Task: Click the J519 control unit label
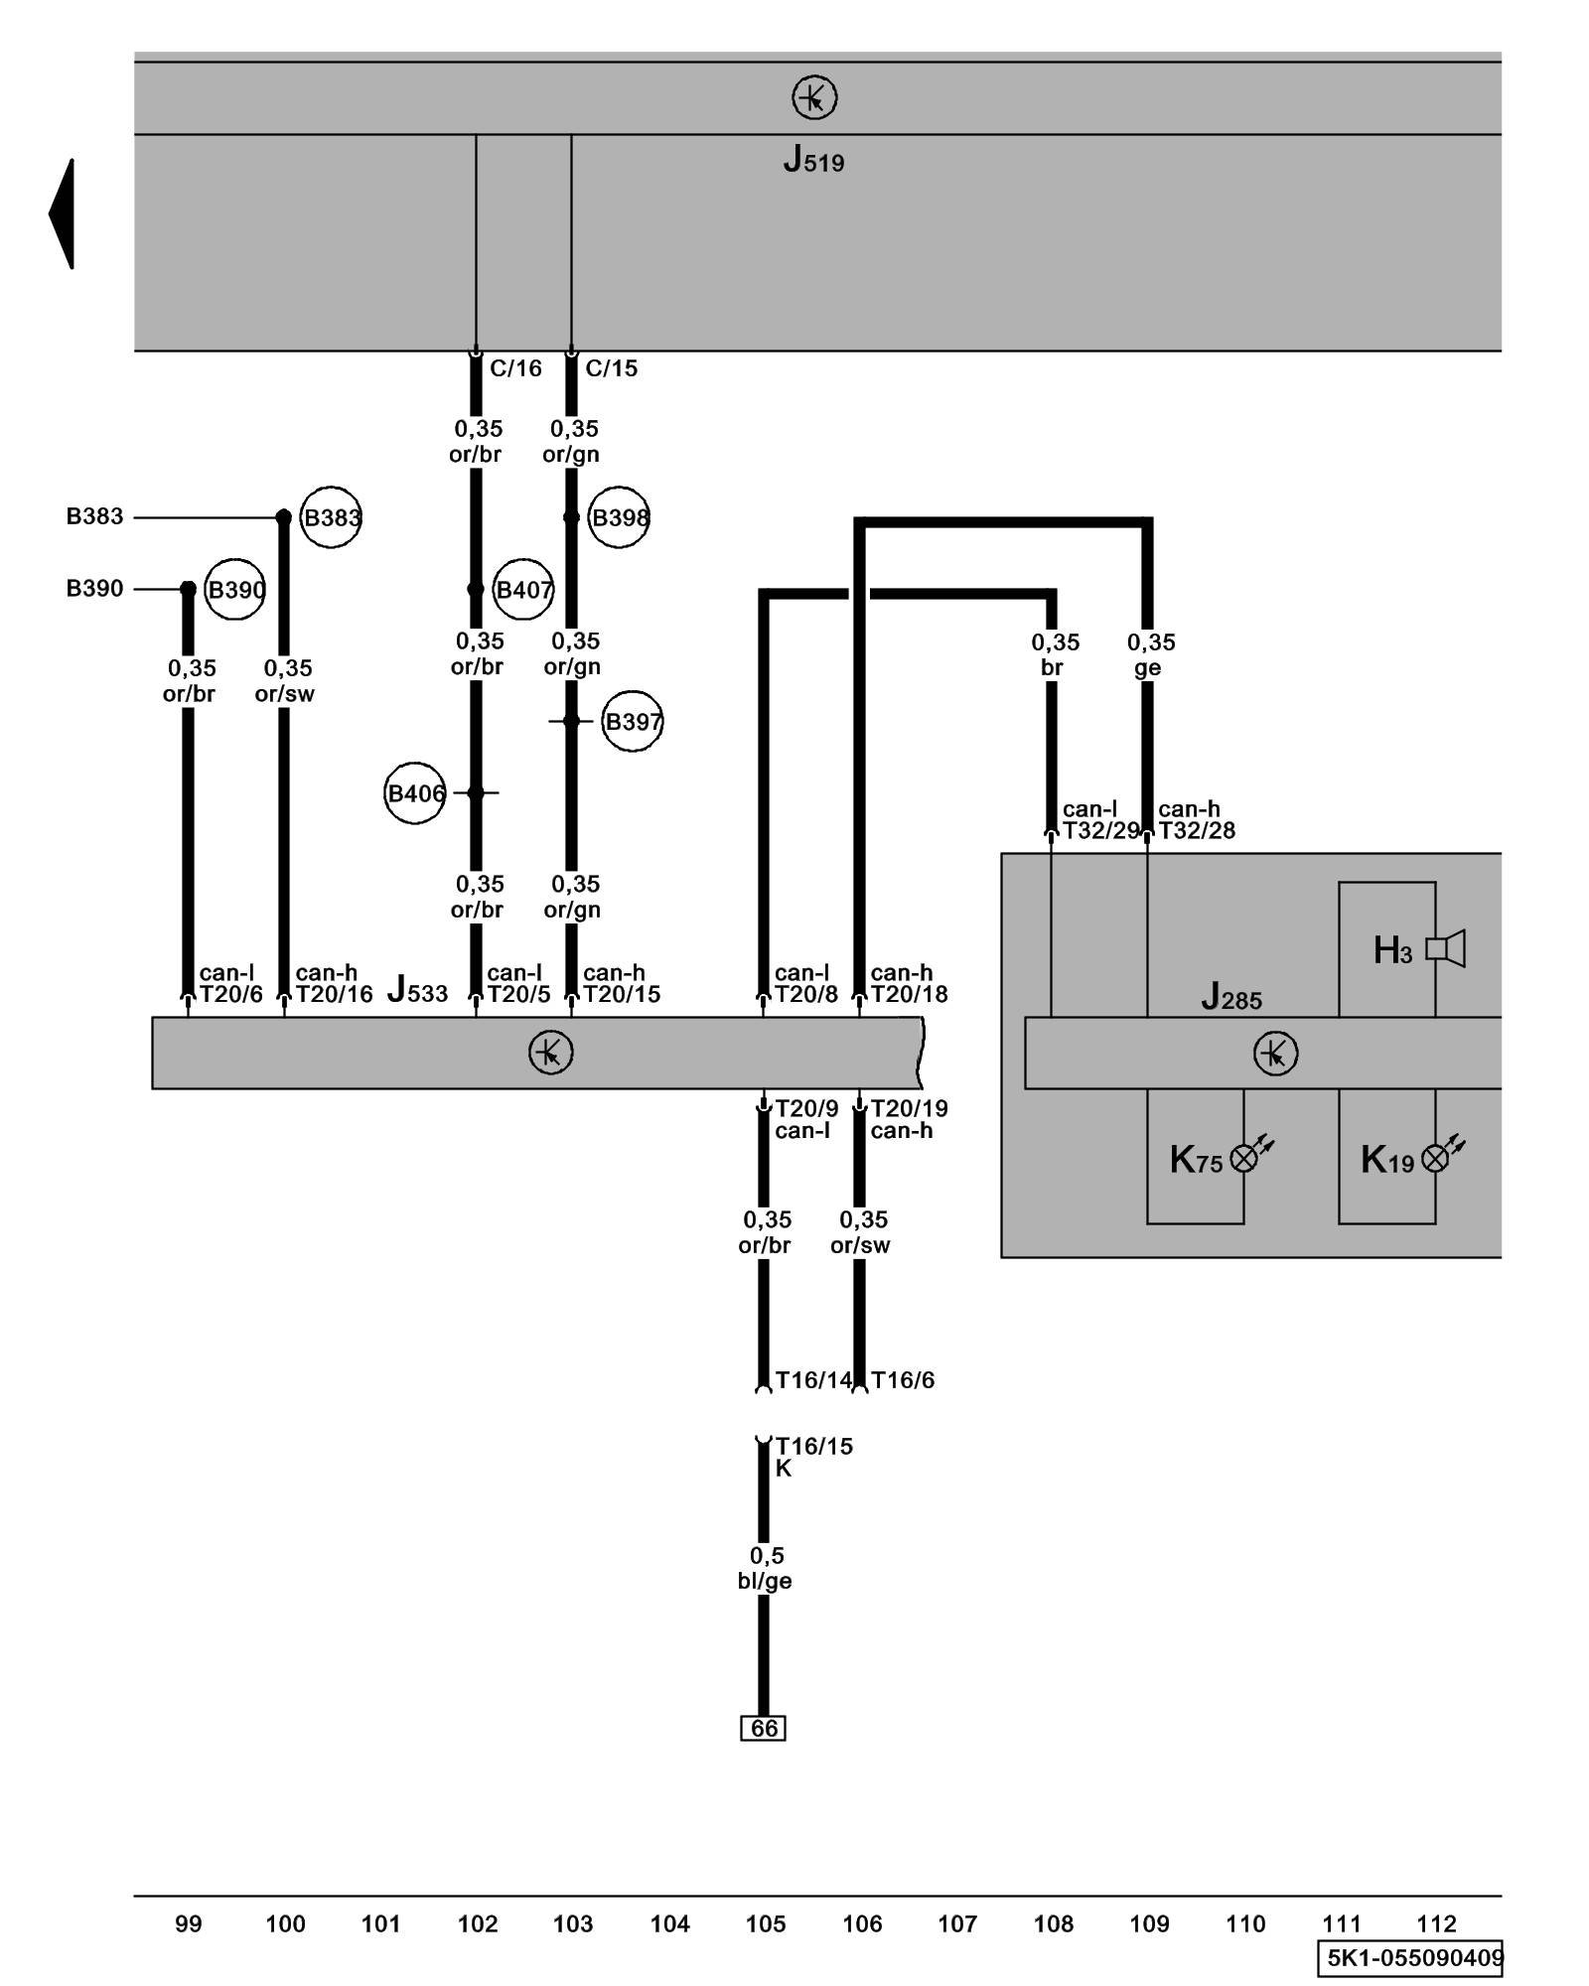coord(813,160)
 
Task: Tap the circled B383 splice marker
coord(331,517)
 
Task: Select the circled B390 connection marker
coord(235,590)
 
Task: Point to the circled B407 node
coord(523,590)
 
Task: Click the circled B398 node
coord(619,517)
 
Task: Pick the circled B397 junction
coord(633,722)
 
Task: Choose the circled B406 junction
coord(415,793)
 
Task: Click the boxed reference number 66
coord(764,1729)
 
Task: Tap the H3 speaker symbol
coord(1446,949)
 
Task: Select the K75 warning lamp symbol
coord(1244,1158)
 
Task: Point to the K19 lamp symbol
coord(1436,1158)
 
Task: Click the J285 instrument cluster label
coord(1231,996)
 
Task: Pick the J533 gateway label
coord(417,990)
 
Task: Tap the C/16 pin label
coord(515,368)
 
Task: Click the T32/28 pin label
coord(1198,831)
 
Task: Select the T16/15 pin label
coord(813,1447)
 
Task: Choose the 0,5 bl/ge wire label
coord(765,1568)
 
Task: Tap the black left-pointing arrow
coord(63,213)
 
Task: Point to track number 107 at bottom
coord(957,1924)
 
